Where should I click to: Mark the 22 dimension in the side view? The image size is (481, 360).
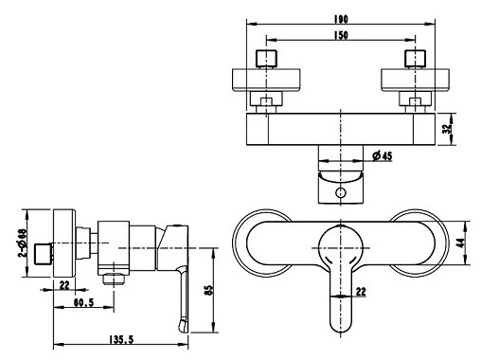[x=63, y=285]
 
